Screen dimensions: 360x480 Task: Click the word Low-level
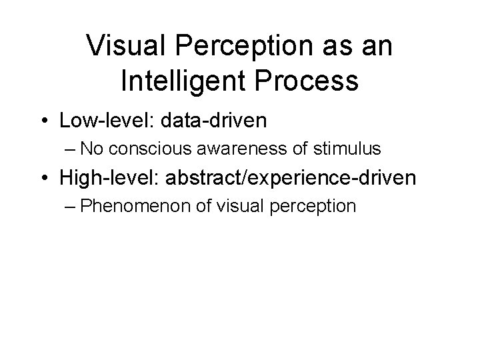pos(99,121)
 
